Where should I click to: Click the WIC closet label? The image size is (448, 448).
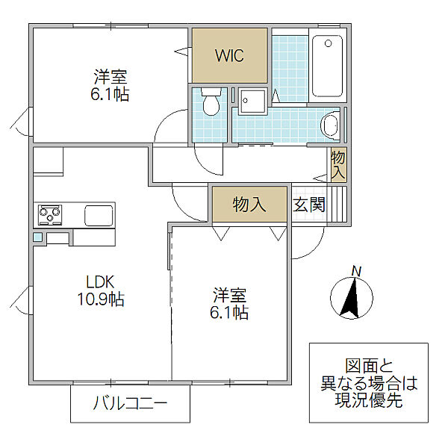tap(229, 56)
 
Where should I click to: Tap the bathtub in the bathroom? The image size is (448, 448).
tap(326, 66)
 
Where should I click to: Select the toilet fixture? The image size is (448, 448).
tap(211, 104)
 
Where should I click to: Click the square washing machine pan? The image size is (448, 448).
tap(252, 102)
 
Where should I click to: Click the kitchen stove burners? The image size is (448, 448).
tap(51, 216)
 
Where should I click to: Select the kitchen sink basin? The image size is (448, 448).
tap(99, 216)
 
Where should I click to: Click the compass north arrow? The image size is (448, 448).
tap(348, 296)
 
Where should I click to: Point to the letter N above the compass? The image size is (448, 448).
tap(356, 271)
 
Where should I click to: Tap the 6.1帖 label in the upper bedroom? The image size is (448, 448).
tap(111, 84)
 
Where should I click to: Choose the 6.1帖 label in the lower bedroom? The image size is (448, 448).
tap(229, 304)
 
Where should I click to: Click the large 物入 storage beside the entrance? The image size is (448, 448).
tap(249, 205)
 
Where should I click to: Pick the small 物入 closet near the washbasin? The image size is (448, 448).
tap(338, 164)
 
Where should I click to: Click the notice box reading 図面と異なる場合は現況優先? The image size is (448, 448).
tap(368, 385)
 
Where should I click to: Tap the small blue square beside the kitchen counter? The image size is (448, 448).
tap(37, 237)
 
